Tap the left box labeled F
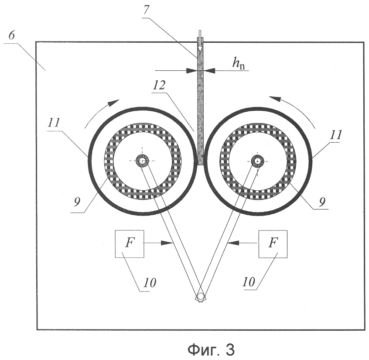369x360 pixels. pyautogui.click(x=129, y=243)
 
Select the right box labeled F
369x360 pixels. pyautogui.click(x=273, y=243)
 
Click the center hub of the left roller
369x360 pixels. pyautogui.click(x=142, y=161)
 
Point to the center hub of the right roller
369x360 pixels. pyautogui.click(x=258, y=161)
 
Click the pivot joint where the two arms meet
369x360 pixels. pyautogui.click(x=200, y=296)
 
